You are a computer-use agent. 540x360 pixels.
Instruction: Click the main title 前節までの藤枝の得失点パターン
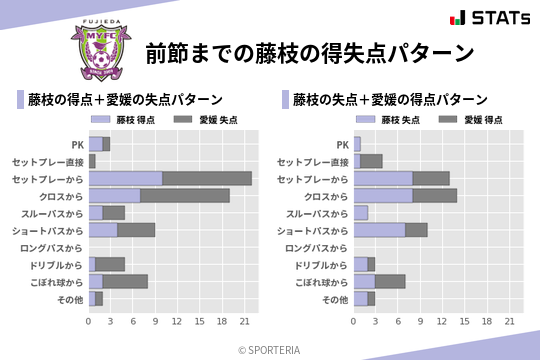[x=309, y=52]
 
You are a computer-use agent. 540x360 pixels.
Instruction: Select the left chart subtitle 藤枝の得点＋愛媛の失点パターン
[x=125, y=100]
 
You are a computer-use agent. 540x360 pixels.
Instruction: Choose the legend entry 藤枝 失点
[x=393, y=119]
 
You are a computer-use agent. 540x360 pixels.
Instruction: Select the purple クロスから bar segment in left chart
[x=114, y=195]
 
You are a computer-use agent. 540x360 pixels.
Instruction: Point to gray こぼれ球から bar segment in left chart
[x=125, y=281]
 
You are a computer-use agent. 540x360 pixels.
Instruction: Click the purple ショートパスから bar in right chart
[x=379, y=230]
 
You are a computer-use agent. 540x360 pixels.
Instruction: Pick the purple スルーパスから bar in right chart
[x=360, y=213]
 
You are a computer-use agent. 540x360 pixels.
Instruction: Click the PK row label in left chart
[x=77, y=144]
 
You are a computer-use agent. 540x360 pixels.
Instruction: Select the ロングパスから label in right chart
[x=315, y=247]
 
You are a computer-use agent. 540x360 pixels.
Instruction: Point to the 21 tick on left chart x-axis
[x=244, y=321]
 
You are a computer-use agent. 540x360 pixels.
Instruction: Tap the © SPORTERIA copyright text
[x=270, y=349]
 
